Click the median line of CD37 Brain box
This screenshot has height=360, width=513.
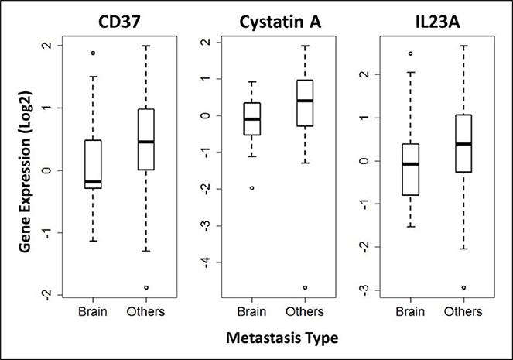click(x=92, y=181)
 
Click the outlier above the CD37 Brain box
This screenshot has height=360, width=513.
click(x=92, y=53)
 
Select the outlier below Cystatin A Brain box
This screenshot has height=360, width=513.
click(x=251, y=188)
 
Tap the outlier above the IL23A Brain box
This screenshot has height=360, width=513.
click(x=411, y=53)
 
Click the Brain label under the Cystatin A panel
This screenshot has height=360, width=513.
click(x=251, y=312)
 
